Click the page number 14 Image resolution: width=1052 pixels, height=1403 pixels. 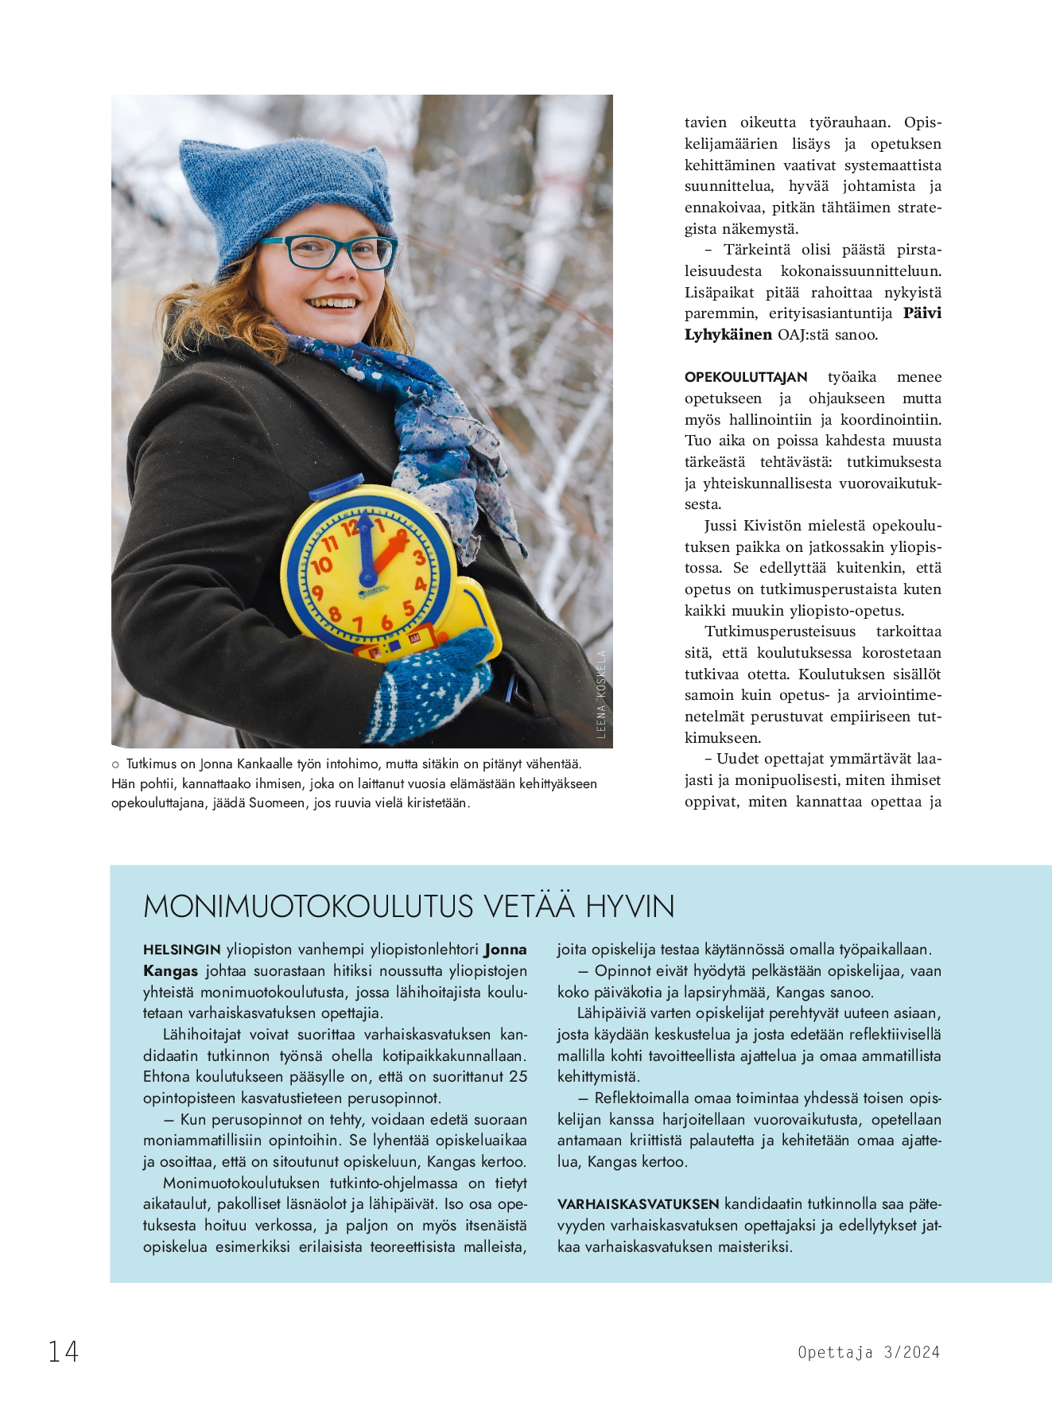64,1351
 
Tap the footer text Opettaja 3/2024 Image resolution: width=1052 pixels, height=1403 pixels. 868,1352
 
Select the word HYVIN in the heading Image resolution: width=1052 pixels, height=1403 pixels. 630,907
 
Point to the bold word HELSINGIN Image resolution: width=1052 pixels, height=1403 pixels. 182,950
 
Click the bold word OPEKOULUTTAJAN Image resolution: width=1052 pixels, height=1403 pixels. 746,377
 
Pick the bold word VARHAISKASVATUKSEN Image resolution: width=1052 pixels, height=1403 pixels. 638,1204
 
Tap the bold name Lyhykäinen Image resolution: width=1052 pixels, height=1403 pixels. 728,335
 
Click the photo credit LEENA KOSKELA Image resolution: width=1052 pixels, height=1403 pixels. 601,694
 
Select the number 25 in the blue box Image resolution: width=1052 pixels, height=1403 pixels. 518,1077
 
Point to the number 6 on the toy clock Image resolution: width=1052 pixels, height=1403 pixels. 386,623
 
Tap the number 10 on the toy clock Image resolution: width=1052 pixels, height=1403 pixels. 321,566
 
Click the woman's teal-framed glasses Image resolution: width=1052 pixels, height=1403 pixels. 328,251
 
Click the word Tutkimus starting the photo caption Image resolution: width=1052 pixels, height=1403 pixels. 151,764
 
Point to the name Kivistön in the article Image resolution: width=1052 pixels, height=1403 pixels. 772,526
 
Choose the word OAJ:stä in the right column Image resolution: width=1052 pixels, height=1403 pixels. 803,335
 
